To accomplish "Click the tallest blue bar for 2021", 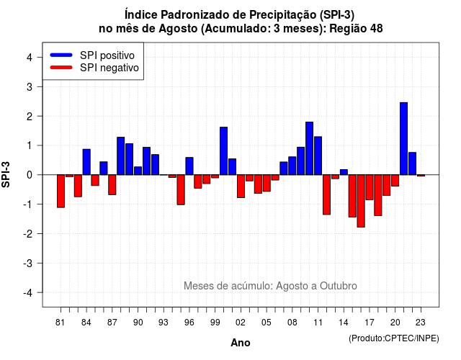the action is coord(403,138).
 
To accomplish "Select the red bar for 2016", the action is coord(361,201).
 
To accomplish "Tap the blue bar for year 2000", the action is coord(223,150).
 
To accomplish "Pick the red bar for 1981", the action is coord(61,191).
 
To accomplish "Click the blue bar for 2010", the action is coord(309,148).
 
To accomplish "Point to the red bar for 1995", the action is coord(181,189).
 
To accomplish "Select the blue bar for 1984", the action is coord(86,162).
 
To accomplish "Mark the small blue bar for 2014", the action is coord(344,172).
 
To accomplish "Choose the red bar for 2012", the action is coord(326,194).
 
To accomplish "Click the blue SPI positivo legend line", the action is coord(61,55).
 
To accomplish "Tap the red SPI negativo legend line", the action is coord(61,68).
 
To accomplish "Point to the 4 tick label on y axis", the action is coord(30,58).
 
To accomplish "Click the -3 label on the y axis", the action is coord(27,263).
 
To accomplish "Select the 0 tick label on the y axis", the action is coord(30,175).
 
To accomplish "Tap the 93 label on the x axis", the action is coord(164,323).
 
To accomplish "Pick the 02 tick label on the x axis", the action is coord(241,323).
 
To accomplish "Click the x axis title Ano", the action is coord(241,343).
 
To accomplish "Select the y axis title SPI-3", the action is coord(6,174).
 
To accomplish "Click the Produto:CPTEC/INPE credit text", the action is coord(394,338).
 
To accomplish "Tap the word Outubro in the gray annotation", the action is coord(339,286).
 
